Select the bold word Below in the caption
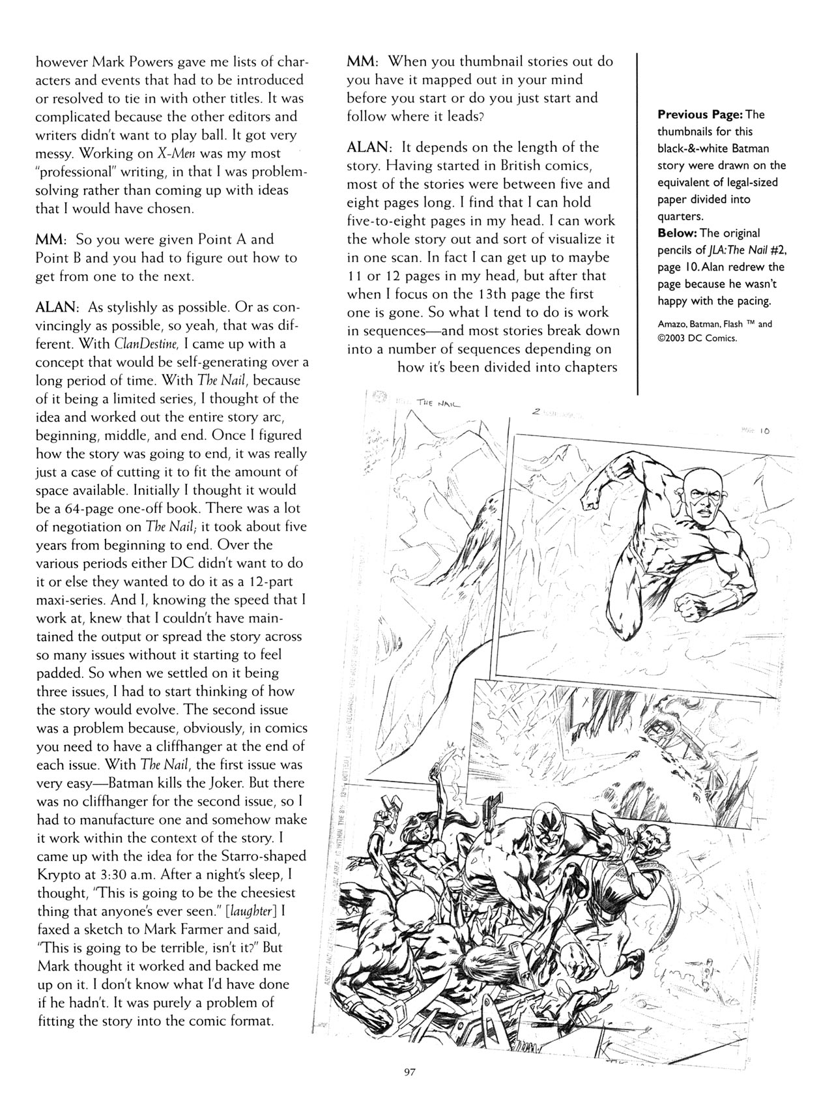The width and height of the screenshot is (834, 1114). (x=677, y=233)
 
